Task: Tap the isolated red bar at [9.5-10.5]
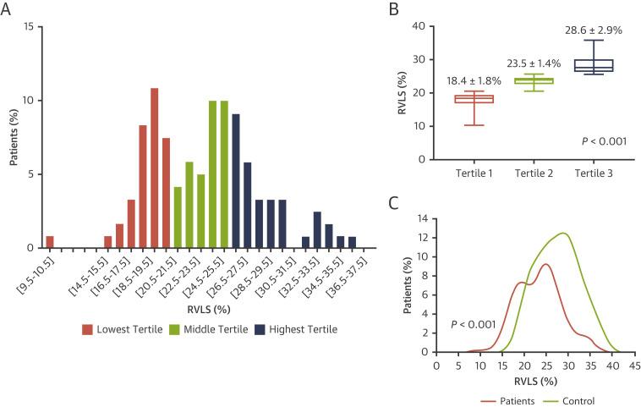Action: (x=51, y=242)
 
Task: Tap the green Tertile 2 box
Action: (x=534, y=81)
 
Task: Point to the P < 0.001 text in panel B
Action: (x=600, y=140)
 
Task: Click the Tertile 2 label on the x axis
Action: (x=534, y=173)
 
